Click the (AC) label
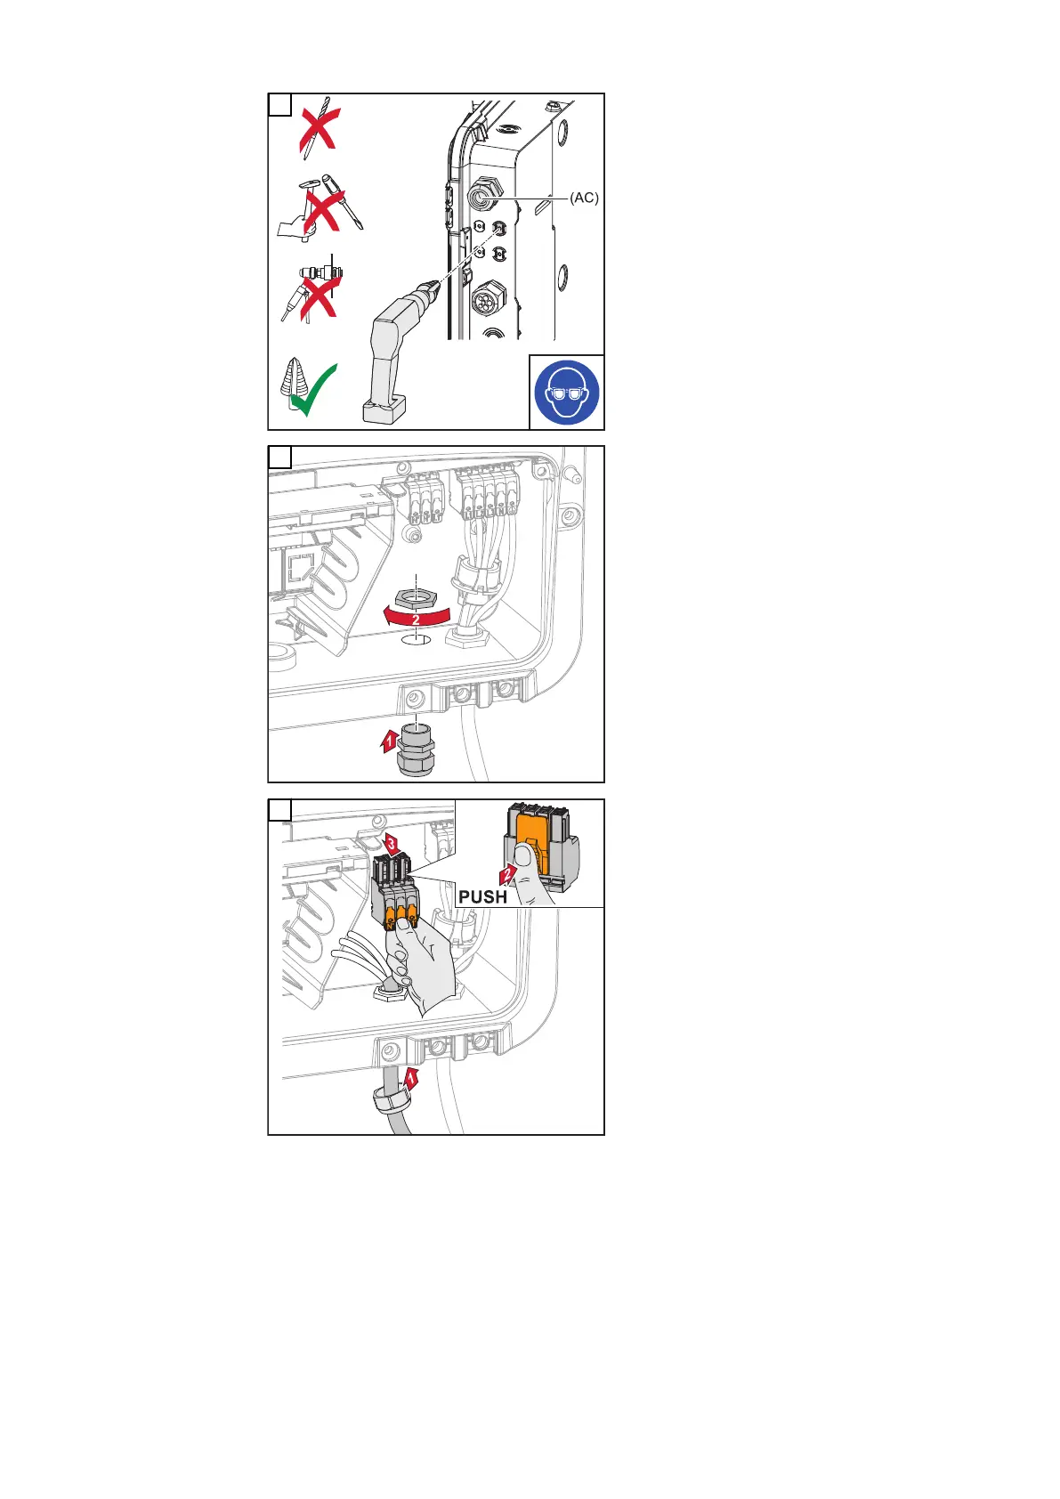pyautogui.click(x=584, y=199)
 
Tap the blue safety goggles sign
pyautogui.click(x=567, y=392)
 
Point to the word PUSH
pyautogui.click(x=482, y=896)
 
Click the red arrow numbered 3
pyautogui.click(x=391, y=843)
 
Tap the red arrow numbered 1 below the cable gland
pyautogui.click(x=389, y=740)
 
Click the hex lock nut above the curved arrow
pyautogui.click(x=415, y=599)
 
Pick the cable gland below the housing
pyautogui.click(x=415, y=752)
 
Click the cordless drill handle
pyautogui.click(x=382, y=356)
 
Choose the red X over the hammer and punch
pyautogui.click(x=320, y=207)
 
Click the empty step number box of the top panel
pyautogui.click(x=279, y=105)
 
